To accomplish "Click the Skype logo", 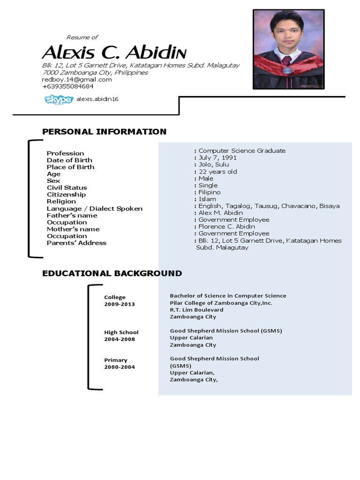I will click(x=59, y=99).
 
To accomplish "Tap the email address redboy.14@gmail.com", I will click(x=77, y=80).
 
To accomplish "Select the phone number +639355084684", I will click(x=67, y=86).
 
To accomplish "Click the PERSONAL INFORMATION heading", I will click(x=104, y=132).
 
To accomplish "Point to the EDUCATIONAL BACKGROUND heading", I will click(x=112, y=273).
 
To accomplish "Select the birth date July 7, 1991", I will click(x=217, y=157).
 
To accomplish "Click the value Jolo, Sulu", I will click(x=214, y=165).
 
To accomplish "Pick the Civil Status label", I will click(x=67, y=187).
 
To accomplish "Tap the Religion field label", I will click(x=61, y=202).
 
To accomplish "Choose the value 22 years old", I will click(x=217, y=172).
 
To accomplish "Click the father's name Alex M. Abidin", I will click(x=221, y=213).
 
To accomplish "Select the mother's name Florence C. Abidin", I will click(x=227, y=226).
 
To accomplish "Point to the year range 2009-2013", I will click(x=119, y=304).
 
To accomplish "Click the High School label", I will click(x=121, y=332).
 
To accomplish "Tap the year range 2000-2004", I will click(x=119, y=367).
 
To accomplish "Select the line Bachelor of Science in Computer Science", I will click(x=228, y=296).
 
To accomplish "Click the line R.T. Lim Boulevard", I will click(x=196, y=310).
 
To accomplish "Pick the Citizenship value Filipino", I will click(x=209, y=192).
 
